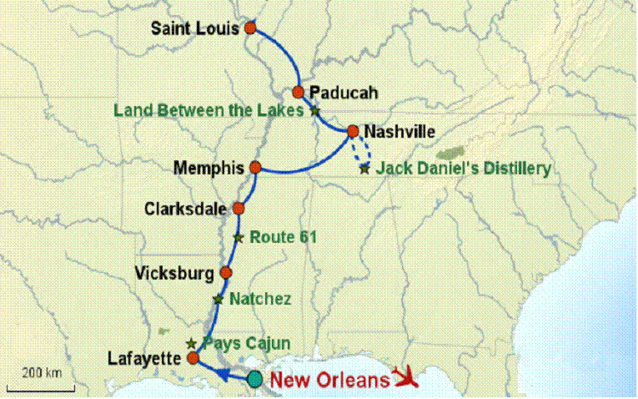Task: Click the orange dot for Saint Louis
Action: (250, 28)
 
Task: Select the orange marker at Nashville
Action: (352, 131)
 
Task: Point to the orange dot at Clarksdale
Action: (239, 208)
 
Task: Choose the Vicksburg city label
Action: (175, 273)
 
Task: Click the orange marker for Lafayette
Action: (193, 359)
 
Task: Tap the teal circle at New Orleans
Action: (254, 380)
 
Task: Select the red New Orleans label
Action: (329, 381)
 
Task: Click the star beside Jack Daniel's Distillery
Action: (364, 169)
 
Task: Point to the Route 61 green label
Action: (284, 237)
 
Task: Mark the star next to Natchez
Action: (219, 298)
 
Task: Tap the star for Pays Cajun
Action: (191, 343)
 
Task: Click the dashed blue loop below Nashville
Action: (361, 154)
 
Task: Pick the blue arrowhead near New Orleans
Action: (226, 375)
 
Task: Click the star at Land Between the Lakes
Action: (314, 109)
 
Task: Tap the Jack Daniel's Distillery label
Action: (463, 169)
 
